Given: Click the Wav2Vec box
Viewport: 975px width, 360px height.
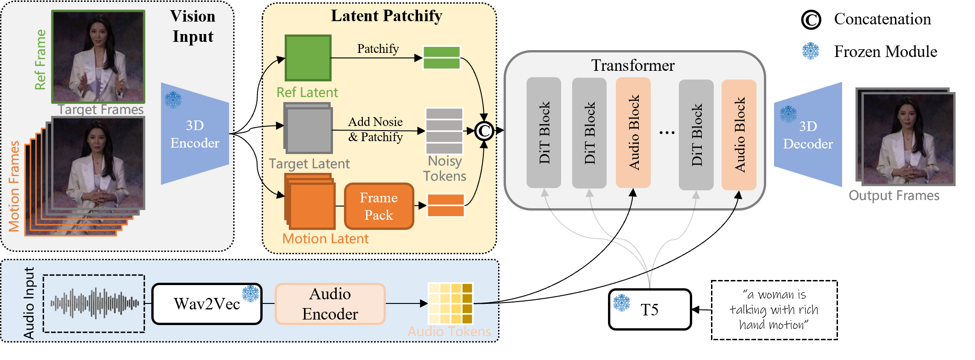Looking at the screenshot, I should (x=206, y=304).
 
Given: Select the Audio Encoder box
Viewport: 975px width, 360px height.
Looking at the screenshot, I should (x=330, y=304).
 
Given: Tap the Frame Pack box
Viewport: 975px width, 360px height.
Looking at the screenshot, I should (x=379, y=206).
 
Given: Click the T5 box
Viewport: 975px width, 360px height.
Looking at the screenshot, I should (x=649, y=309).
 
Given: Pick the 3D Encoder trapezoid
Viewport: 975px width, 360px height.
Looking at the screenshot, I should (x=195, y=134).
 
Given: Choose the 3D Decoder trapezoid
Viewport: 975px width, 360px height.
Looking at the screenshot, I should (x=808, y=135).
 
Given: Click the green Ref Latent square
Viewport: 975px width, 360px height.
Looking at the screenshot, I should (x=308, y=58).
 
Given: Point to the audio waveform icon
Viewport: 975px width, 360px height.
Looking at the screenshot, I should (x=94, y=303).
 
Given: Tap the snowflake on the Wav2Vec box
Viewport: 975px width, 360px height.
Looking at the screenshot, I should (x=251, y=293).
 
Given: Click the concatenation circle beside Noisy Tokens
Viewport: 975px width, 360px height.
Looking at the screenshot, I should (x=484, y=131).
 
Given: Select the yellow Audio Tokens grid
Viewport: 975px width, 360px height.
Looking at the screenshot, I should (x=450, y=303).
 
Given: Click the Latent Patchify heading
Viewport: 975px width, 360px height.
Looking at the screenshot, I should (x=386, y=16).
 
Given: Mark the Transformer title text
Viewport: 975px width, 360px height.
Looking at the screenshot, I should (x=633, y=65).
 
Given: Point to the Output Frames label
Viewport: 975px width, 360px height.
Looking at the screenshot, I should (x=894, y=195).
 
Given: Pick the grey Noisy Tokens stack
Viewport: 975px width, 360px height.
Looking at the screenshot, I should (x=444, y=131).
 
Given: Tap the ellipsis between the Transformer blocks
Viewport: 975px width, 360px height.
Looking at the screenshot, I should (x=666, y=132).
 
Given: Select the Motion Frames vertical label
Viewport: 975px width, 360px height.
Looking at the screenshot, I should (x=14, y=186).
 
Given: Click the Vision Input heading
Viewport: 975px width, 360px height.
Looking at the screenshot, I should (x=193, y=26).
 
